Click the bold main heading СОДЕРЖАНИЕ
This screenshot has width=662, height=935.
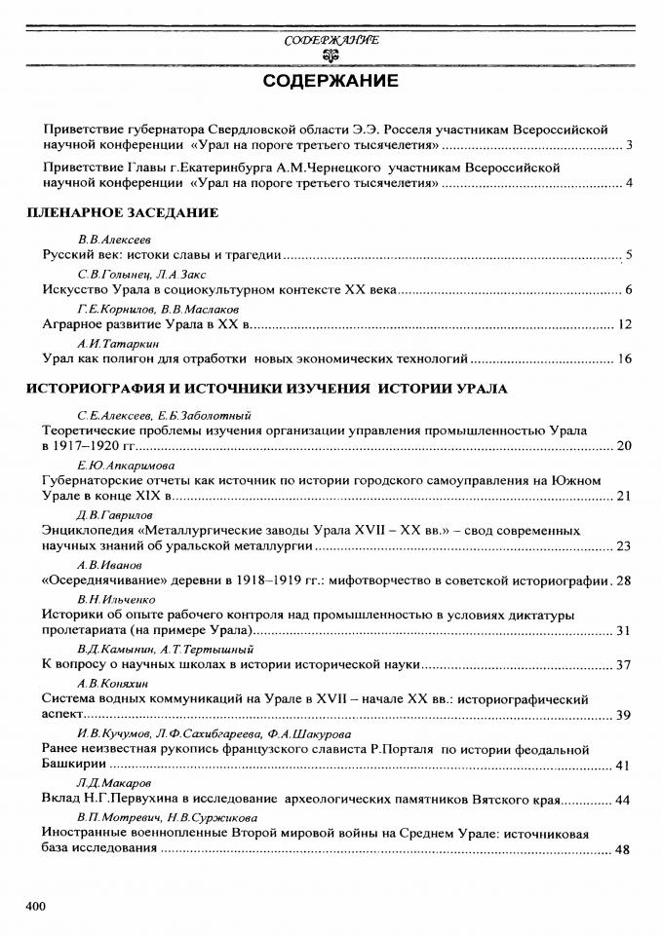click(x=331, y=81)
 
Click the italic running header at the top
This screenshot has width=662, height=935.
click(x=331, y=41)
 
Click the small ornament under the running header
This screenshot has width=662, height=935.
click(x=331, y=56)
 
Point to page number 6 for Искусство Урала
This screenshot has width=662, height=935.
click(x=629, y=290)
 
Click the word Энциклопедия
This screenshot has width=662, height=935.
click(x=83, y=530)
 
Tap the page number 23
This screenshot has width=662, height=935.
click(x=625, y=545)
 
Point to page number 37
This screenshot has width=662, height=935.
click(x=625, y=665)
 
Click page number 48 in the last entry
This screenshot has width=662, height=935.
click(x=625, y=850)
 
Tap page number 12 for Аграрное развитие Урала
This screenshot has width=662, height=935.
click(x=625, y=324)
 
